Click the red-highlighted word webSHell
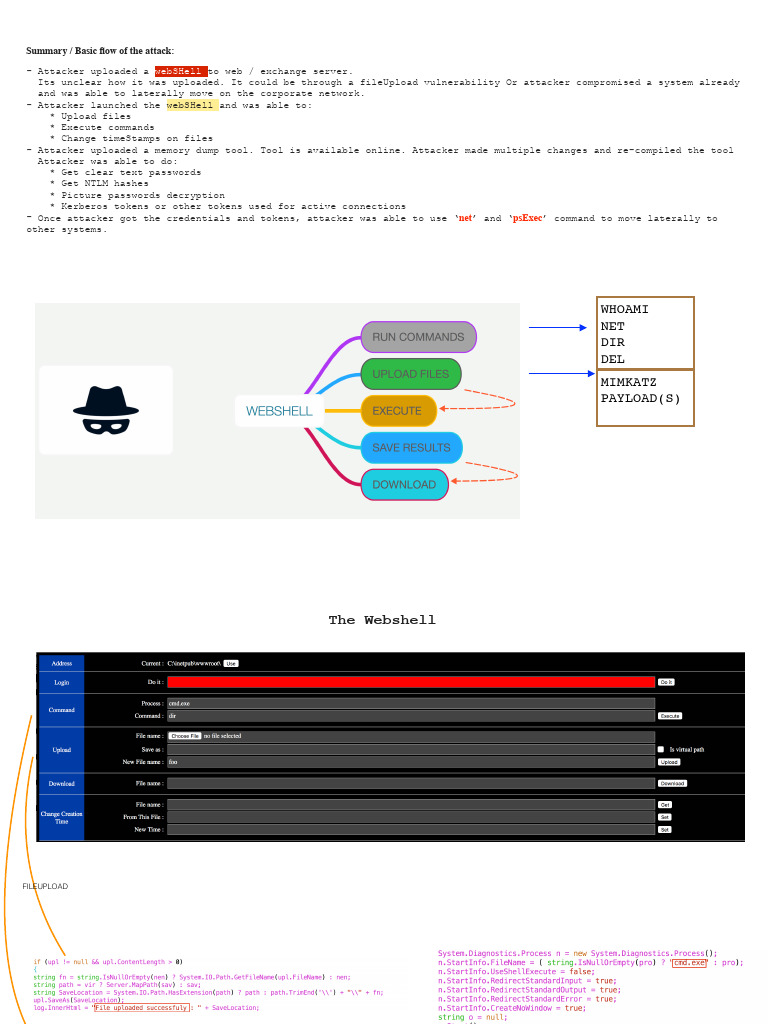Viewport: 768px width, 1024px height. [181, 71]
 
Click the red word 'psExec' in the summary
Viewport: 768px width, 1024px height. [529, 218]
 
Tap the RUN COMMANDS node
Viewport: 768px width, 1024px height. [418, 337]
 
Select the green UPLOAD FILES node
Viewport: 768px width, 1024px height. [410, 374]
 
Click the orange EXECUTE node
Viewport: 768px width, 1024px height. [398, 411]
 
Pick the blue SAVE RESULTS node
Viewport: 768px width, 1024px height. [411, 447]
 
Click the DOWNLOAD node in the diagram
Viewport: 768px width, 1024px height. [404, 484]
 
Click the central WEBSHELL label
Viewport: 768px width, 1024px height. [279, 411]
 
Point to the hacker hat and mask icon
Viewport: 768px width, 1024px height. [105, 410]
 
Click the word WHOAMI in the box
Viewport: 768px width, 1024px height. [624, 310]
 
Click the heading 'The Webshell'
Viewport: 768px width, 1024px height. [382, 620]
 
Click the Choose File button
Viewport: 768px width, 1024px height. [184, 736]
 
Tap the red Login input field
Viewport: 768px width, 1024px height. [410, 682]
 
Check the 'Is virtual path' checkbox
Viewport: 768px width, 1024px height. [661, 749]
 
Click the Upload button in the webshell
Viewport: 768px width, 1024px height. [668, 762]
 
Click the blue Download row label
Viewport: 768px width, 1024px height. [61, 784]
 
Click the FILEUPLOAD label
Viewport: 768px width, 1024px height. [45, 887]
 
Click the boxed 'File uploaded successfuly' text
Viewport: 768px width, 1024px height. [140, 1008]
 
